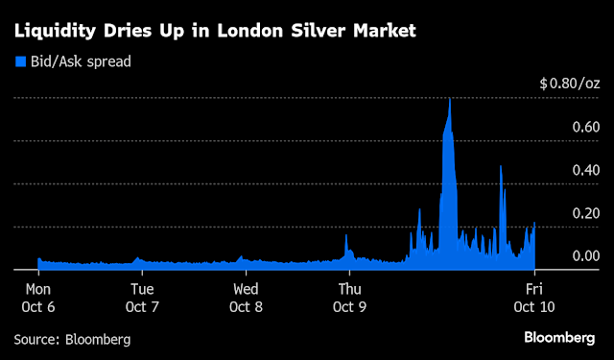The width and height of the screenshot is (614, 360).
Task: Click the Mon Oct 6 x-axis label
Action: [38, 298]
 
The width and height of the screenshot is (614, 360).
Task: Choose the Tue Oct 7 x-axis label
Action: [141, 298]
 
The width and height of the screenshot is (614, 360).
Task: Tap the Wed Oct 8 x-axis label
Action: [245, 298]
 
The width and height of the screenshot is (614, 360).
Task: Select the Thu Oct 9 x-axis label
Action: [348, 298]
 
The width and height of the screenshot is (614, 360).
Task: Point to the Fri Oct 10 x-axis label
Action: [534, 298]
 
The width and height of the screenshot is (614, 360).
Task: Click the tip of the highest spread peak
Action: [449, 99]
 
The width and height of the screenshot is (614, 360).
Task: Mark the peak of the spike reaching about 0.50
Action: [501, 166]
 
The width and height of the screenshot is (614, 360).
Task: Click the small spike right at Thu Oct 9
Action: [346, 236]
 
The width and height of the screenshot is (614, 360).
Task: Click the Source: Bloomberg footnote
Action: [72, 340]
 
